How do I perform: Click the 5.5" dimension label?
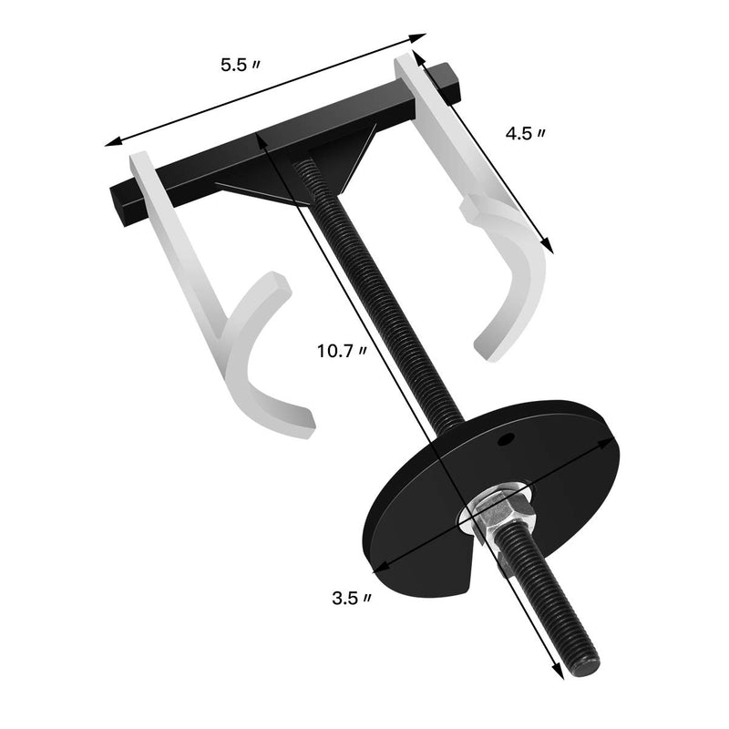[x=240, y=66]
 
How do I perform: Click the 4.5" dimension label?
[x=526, y=134]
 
